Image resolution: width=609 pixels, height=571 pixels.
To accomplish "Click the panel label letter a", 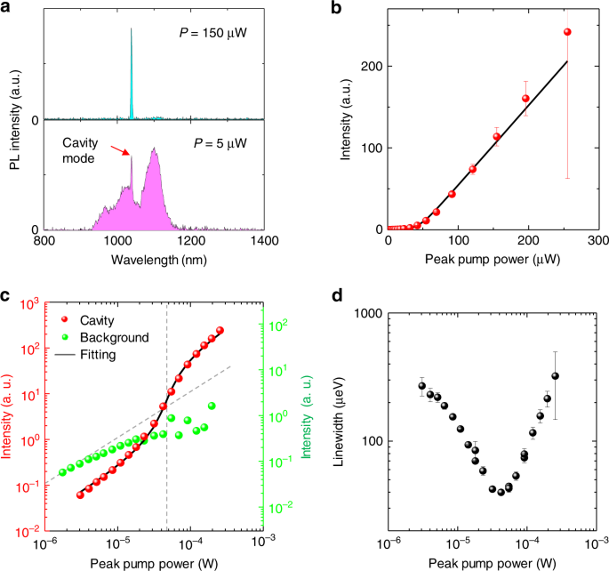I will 7,8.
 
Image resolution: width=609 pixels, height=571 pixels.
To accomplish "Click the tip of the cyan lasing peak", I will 132,28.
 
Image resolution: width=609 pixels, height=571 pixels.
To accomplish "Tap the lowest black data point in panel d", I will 501,492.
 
